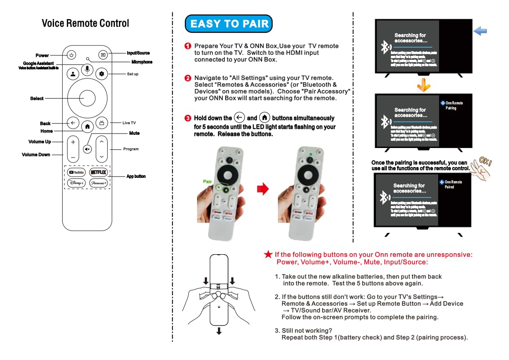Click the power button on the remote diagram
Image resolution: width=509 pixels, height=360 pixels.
click(71, 55)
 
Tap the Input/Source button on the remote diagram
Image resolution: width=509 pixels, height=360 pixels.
click(103, 55)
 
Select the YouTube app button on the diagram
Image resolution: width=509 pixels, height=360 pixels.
click(76, 173)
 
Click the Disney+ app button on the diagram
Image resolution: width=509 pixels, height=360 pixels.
click(76, 183)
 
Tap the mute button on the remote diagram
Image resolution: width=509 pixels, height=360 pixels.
click(87, 148)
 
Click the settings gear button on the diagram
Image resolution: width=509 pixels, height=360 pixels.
click(101, 74)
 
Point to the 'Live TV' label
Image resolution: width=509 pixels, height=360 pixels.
click(129, 123)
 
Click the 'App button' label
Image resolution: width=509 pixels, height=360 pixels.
click(136, 176)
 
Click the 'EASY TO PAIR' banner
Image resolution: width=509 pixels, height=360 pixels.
click(229, 24)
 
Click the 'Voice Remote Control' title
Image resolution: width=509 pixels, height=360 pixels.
click(85, 24)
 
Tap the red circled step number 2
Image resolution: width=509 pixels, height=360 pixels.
click(188, 78)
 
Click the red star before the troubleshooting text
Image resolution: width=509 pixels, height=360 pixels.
click(268, 255)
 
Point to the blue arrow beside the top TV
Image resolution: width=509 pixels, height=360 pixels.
click(480, 31)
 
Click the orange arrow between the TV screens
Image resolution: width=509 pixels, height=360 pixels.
click(423, 84)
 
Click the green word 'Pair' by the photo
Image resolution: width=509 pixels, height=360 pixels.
click(208, 181)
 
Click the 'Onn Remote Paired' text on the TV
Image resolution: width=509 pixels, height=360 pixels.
click(453, 184)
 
